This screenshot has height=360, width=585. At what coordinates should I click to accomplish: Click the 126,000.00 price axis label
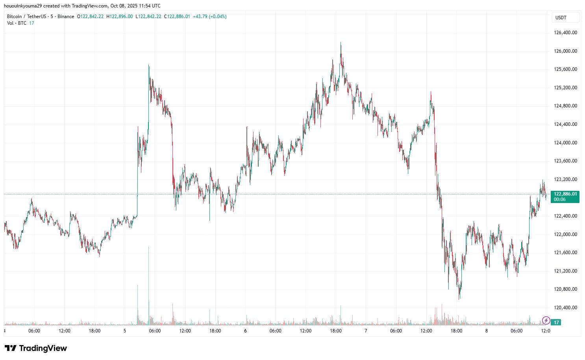(x=565, y=51)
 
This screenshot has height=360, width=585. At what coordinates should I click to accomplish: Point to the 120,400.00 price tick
(x=565, y=308)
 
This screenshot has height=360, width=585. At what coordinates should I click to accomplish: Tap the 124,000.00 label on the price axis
(x=565, y=143)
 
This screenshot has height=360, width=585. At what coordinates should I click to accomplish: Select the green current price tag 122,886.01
(x=565, y=194)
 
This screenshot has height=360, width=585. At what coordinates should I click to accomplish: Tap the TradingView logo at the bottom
(x=36, y=348)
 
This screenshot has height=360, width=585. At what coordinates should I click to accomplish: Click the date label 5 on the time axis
(x=125, y=331)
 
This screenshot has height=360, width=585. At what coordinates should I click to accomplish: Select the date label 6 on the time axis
(x=245, y=331)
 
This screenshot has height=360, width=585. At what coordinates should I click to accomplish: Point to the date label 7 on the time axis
(x=366, y=331)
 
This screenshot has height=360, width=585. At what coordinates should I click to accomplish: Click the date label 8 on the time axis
(x=486, y=331)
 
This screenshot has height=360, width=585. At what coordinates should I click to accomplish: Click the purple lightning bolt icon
(x=546, y=320)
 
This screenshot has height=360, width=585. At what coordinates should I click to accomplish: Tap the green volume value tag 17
(x=556, y=322)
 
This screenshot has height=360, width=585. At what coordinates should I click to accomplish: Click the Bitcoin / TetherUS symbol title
(x=26, y=17)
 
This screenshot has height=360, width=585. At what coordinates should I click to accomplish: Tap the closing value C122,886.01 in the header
(x=177, y=17)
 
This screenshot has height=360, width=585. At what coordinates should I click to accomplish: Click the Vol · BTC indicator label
(x=17, y=23)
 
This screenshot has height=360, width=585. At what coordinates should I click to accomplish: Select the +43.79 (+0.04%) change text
(x=209, y=17)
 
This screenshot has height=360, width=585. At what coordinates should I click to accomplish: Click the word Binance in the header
(x=66, y=17)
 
